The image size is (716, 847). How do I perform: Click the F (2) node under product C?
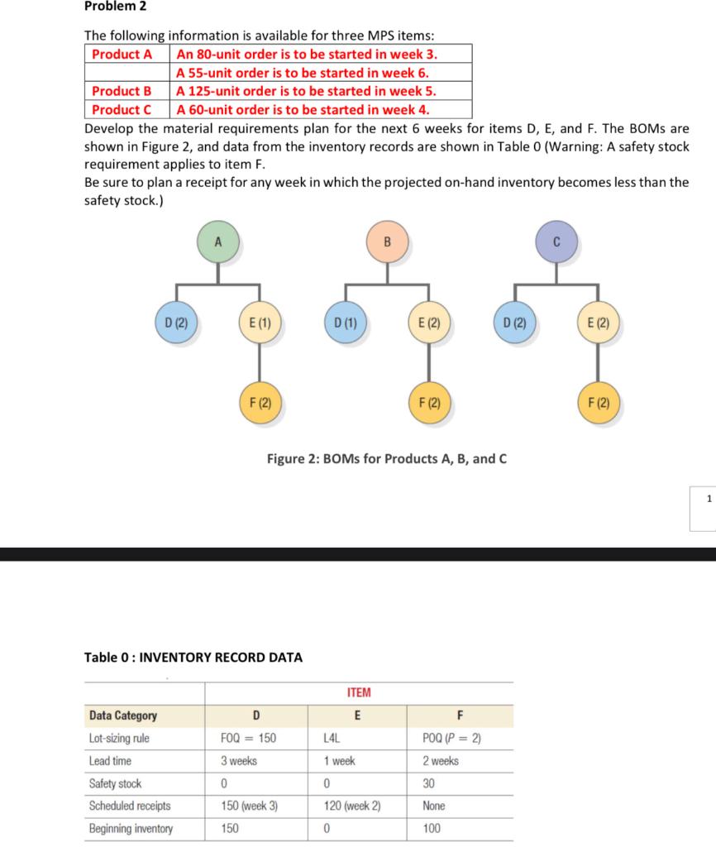coord(599,404)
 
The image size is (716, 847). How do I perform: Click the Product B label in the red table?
coord(122,91)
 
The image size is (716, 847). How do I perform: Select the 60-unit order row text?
coord(303,109)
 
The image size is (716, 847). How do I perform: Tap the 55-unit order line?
coord(303,73)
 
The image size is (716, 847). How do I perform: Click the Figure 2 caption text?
coord(386,459)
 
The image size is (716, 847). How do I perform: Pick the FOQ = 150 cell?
coord(249,738)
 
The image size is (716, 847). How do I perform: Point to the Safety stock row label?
coord(115,783)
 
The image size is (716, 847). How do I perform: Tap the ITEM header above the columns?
coord(359,692)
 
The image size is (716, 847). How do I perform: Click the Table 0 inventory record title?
coord(193,658)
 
